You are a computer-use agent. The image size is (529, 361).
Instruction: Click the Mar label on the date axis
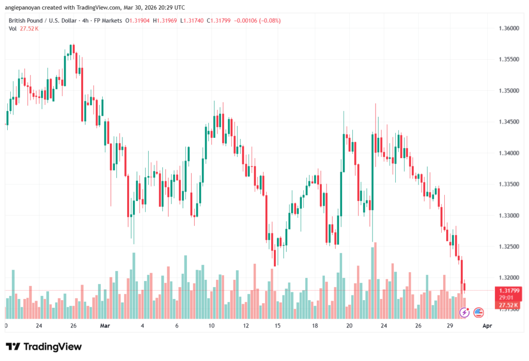[x=105, y=326]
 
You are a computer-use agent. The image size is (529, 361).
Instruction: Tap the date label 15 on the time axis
[x=277, y=326]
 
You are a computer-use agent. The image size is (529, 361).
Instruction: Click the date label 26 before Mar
[x=73, y=326]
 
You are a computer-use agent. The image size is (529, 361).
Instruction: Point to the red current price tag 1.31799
[x=506, y=291]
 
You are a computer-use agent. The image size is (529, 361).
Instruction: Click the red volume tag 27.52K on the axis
[x=506, y=305]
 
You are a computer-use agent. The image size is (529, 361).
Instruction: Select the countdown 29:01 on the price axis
[x=506, y=298]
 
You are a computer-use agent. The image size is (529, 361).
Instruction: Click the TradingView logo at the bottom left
[x=43, y=347]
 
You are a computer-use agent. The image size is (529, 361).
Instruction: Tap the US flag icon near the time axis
[x=478, y=312]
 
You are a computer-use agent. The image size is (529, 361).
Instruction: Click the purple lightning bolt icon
[x=464, y=312]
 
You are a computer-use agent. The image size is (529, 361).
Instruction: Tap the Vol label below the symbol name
[x=12, y=28]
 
